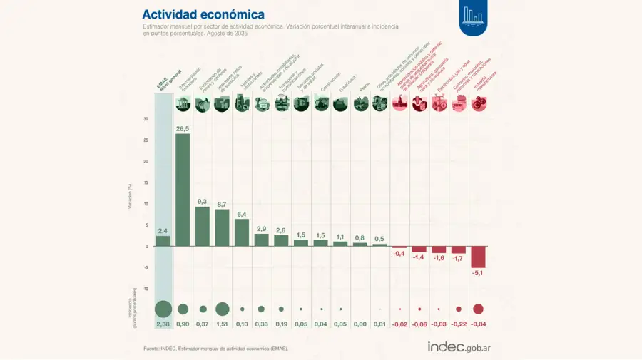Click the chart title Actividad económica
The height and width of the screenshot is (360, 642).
coord(203,14)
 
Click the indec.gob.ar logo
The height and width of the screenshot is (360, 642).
coord(463,347)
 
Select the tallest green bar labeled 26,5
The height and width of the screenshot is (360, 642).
coord(183,190)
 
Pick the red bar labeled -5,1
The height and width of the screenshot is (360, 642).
coord(478,257)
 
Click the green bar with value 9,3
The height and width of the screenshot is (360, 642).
coord(203,226)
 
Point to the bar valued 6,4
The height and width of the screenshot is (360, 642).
coord(242,232)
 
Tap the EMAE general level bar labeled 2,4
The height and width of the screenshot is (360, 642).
coord(163,241)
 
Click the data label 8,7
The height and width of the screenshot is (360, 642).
coord(222,204)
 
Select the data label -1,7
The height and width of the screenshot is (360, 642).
coord(459,259)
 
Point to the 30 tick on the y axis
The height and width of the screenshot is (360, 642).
coord(146,119)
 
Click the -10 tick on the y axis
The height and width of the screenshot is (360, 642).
coord(145,289)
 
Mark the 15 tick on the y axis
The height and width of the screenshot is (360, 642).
coord(146,182)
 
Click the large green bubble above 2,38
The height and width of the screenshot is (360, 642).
coord(163,309)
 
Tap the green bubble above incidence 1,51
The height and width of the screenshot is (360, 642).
coord(222,309)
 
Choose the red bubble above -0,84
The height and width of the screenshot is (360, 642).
coord(478,309)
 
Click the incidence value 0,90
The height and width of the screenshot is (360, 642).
coord(183,324)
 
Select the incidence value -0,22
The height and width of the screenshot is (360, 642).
coord(459,324)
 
